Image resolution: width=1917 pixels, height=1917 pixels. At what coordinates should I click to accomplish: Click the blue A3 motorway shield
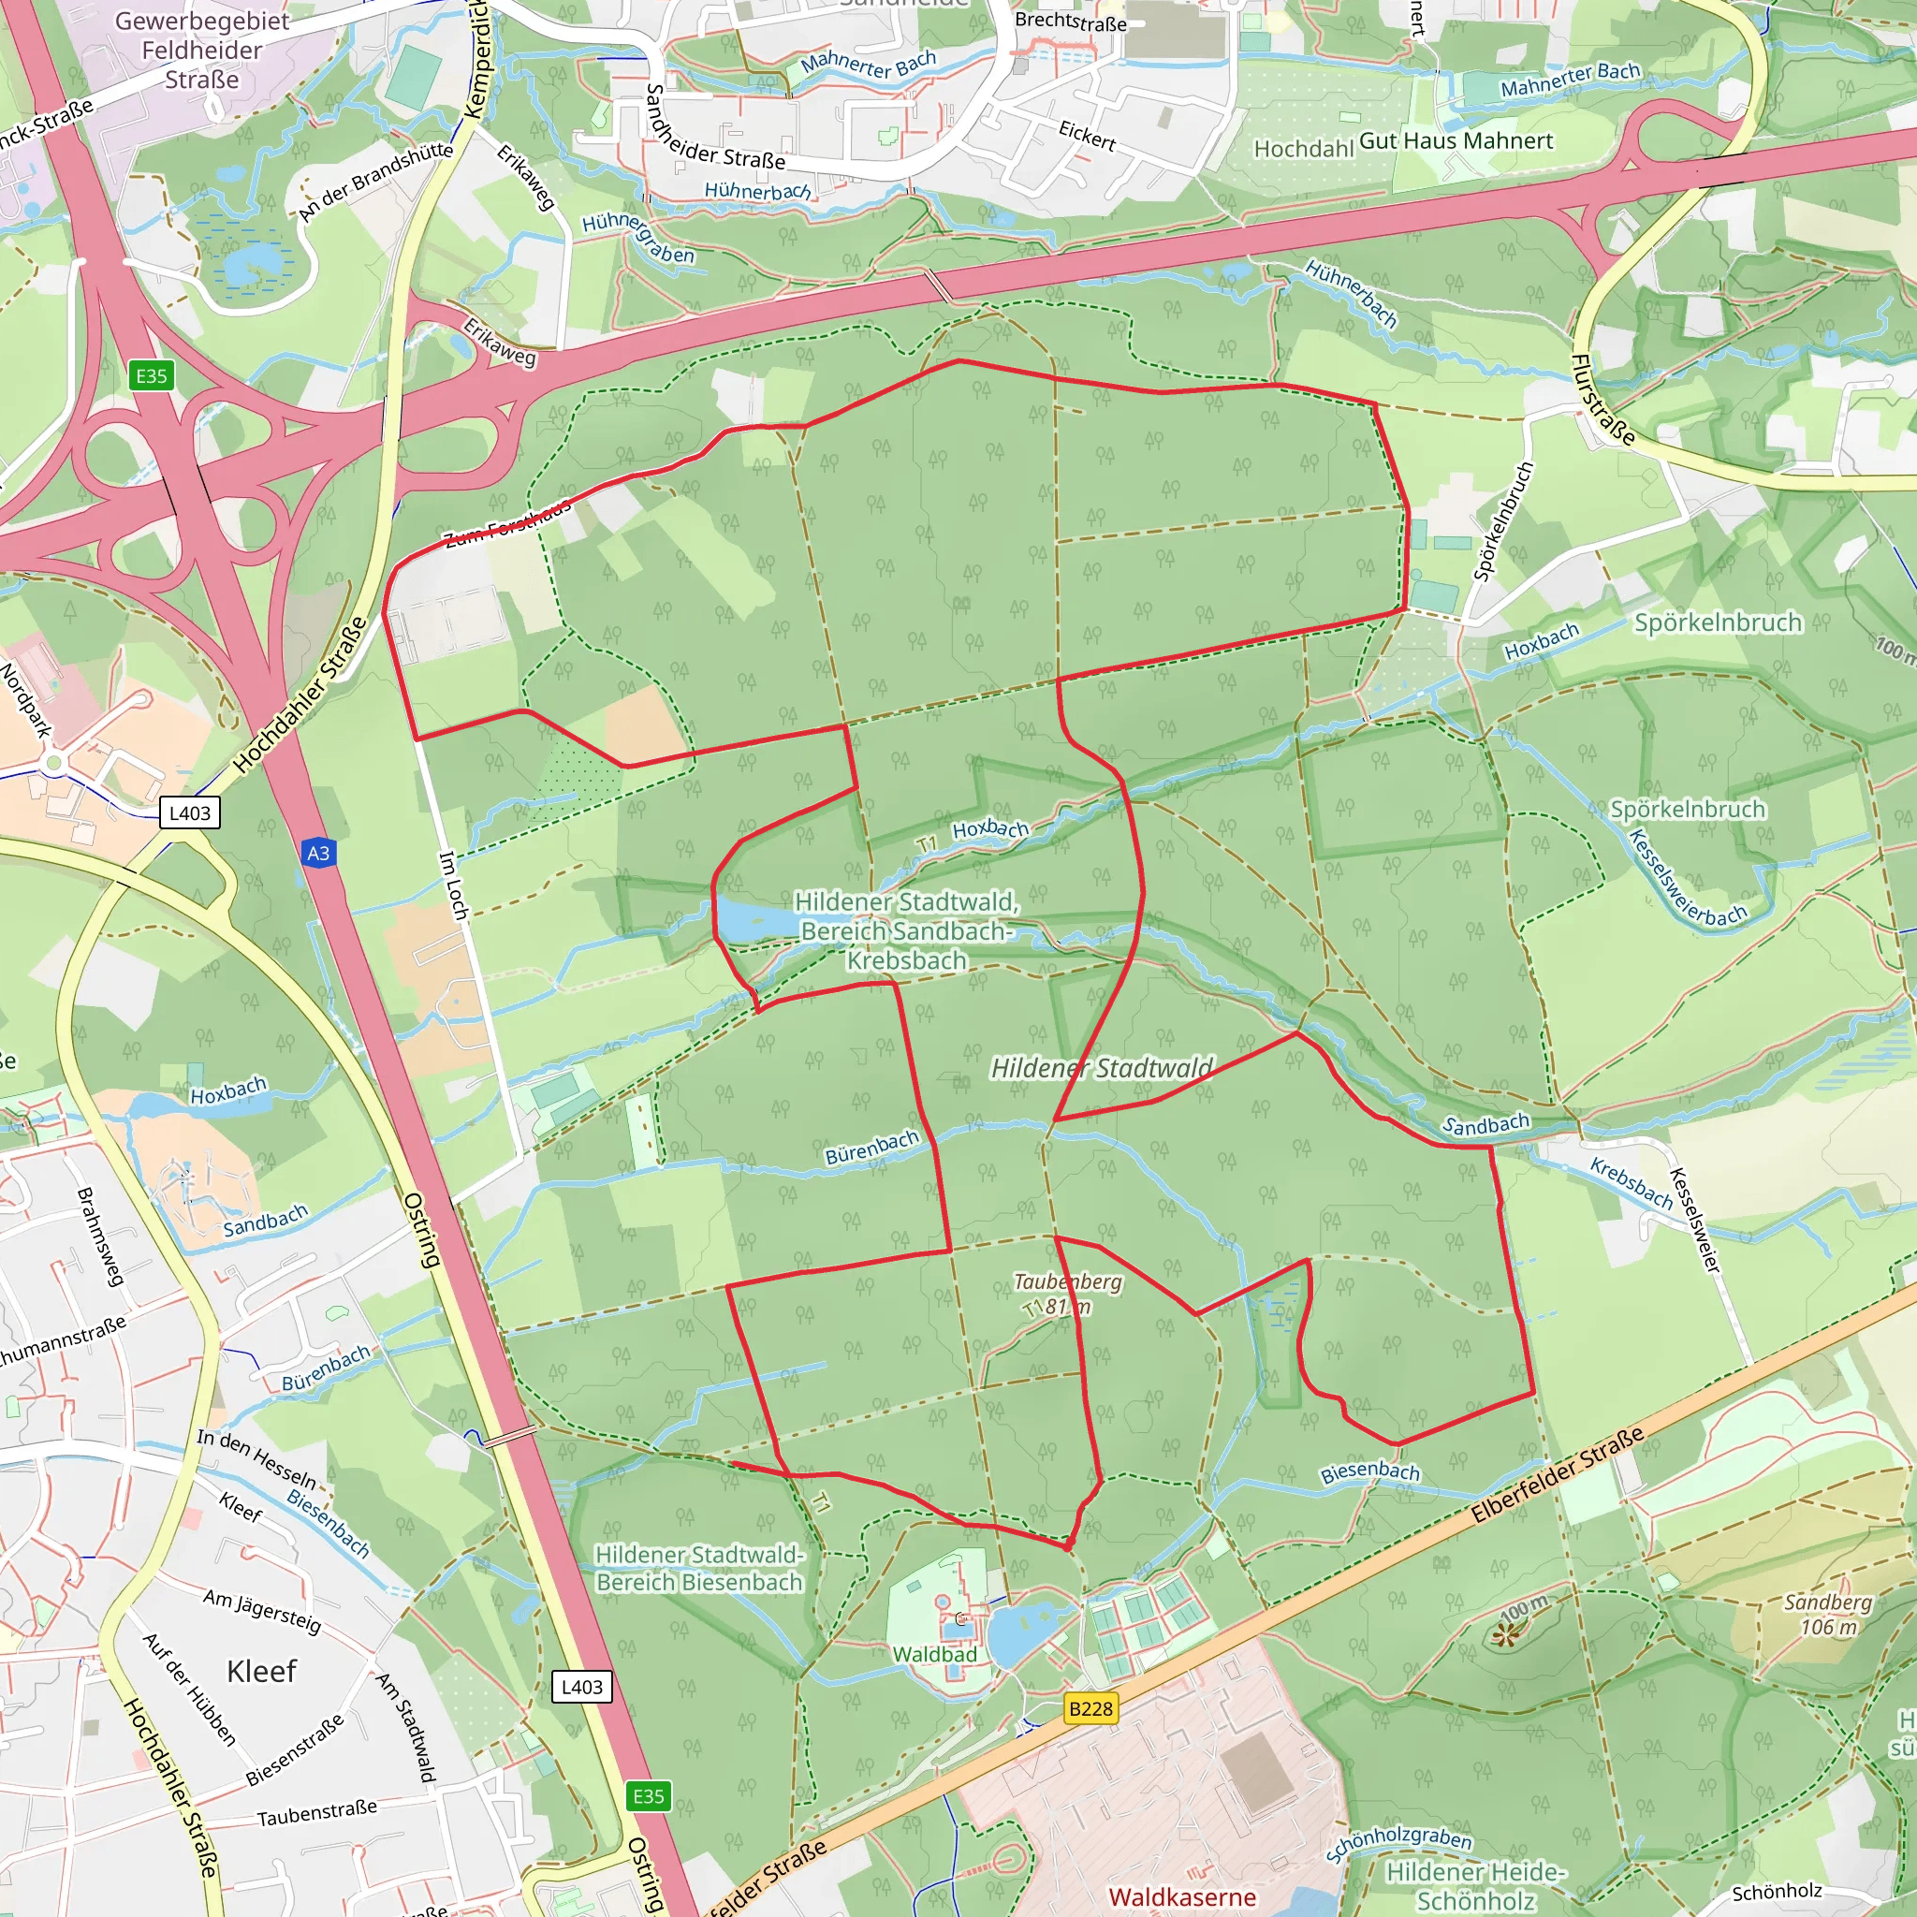pos(317,854)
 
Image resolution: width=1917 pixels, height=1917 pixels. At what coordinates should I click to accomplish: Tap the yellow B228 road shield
pos(1090,1708)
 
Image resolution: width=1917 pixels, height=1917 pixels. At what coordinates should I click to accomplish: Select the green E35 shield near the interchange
pos(151,376)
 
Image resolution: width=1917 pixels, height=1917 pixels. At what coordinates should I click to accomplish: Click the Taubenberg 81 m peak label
pos(1067,1294)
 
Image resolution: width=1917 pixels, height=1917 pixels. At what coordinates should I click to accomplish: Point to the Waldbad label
pos(935,1654)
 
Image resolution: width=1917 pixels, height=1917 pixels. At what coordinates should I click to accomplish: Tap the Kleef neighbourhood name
pos(261,1672)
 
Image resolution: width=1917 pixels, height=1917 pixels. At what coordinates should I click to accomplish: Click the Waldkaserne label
pos(1182,1897)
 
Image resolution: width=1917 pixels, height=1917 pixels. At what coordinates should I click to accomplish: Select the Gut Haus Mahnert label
pos(1456,141)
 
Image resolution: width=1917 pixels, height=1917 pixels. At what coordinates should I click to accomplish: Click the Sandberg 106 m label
pos(1828,1615)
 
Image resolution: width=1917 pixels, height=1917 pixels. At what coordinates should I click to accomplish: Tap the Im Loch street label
pos(453,885)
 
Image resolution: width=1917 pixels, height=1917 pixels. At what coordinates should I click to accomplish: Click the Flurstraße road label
pos(1602,399)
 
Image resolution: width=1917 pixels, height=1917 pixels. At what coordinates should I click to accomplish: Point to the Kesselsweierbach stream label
pos(1687,879)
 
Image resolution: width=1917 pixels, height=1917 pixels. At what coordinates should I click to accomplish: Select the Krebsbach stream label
pos(1632,1184)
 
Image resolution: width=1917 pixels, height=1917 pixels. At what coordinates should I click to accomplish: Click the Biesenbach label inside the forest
pos(1369,1472)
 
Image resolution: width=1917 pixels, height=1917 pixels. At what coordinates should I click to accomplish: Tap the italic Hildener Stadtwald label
pos(1102,1068)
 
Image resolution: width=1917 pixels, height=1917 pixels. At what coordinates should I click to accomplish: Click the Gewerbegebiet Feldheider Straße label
pos(202,50)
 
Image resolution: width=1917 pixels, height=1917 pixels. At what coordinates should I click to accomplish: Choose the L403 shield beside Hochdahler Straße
pos(189,813)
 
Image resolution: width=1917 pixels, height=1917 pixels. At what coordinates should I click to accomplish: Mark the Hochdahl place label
pos(1303,149)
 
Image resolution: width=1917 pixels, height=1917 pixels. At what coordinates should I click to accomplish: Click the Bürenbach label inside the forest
pos(872,1148)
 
